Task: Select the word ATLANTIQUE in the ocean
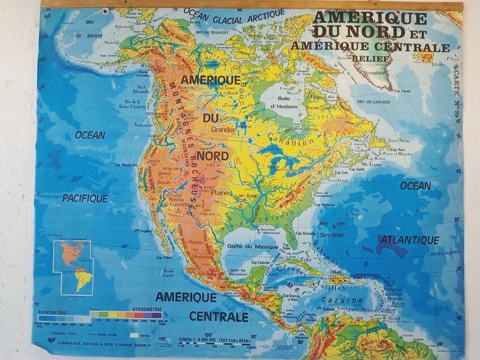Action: pos(410,240)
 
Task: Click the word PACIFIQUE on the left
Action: pos(85,198)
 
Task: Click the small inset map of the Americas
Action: pos(73,266)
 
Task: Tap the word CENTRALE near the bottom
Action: pos(219,316)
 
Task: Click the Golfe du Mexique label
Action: pos(252,247)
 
